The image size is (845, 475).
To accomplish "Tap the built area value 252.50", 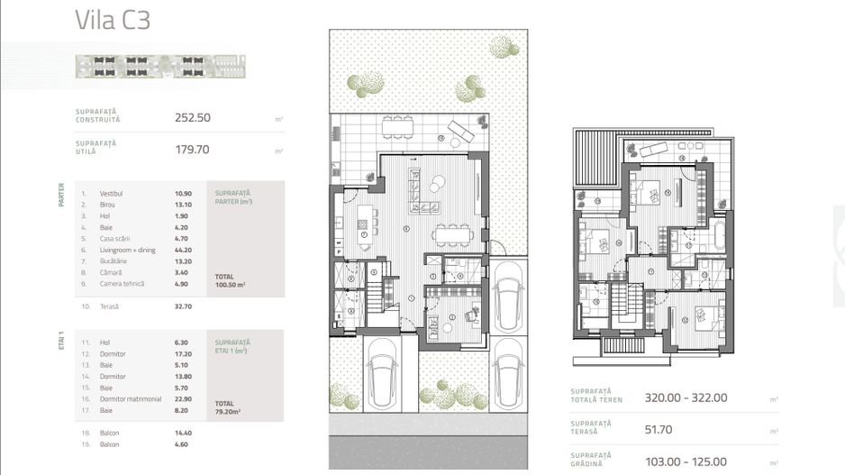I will point(192,117).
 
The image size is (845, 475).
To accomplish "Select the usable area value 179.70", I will point(192,150).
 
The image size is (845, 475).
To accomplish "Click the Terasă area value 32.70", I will point(183,306).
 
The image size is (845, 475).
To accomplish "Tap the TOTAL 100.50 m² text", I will point(232,280).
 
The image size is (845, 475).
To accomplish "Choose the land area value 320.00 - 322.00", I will point(686,397).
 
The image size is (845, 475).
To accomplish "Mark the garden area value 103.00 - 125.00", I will point(686,461).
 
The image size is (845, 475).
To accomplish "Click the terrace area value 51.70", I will point(660,430).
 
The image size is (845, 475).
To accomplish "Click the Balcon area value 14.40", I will point(183,434).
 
